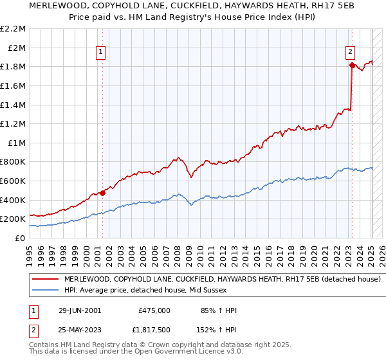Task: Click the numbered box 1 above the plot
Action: pos(102,53)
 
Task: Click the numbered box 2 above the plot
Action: pos(350,53)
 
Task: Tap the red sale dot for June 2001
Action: pos(102,192)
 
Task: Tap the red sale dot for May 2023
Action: pos(352,65)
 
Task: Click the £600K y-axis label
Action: pos(14,181)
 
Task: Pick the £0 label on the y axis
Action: pos(21,238)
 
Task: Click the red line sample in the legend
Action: pos(46,279)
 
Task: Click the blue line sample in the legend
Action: pos(46,290)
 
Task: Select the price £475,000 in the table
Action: pos(154,310)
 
